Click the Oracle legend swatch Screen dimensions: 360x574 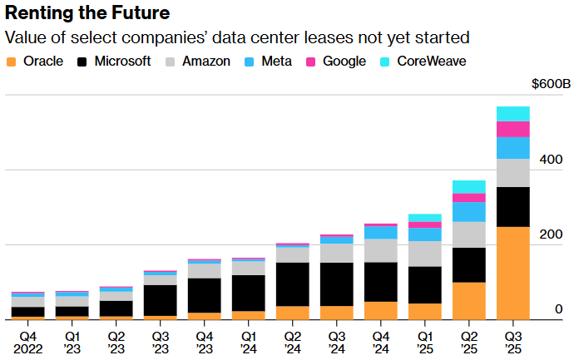12,62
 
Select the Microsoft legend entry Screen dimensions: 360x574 113,62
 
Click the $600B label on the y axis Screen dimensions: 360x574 551,85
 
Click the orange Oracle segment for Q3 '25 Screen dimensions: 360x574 512,273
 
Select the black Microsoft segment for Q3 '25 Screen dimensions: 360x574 512,207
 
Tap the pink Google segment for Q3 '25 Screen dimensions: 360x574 512,129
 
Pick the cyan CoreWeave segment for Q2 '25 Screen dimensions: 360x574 468,187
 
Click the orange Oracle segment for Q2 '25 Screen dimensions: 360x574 468,300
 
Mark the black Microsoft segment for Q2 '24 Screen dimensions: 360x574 293,284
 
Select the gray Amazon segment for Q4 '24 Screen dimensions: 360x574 381,250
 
